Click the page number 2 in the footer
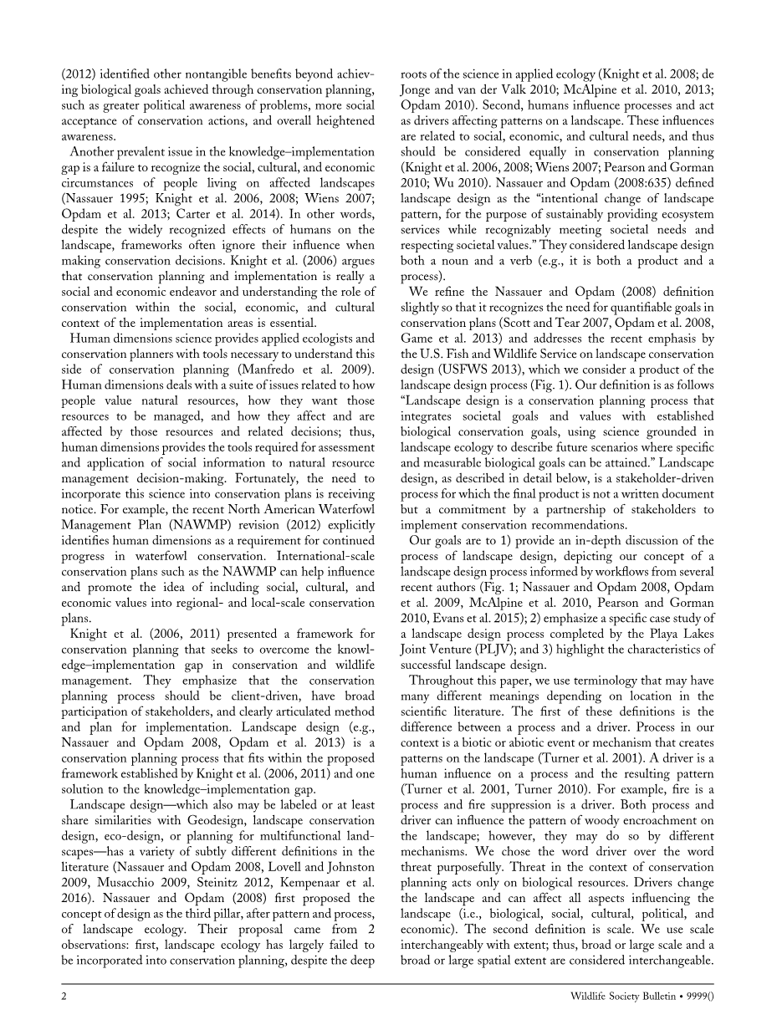64,997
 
